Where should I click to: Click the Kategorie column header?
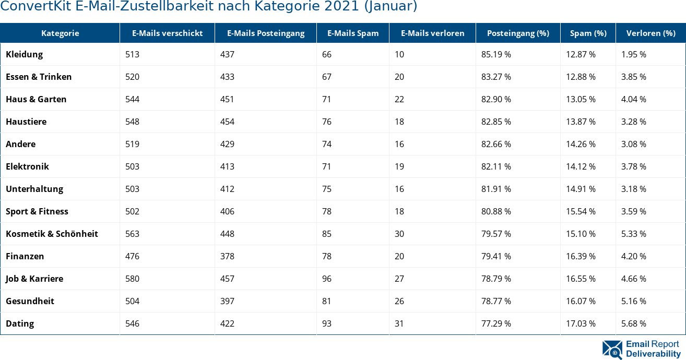coord(60,33)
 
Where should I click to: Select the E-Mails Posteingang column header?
coord(265,33)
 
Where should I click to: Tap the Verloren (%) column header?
coord(650,33)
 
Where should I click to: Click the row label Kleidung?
coord(25,54)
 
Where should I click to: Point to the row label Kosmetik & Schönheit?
coord(52,234)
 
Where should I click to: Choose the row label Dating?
coord(20,323)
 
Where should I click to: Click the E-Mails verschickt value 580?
coord(132,279)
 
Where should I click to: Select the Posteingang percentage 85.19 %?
coord(496,54)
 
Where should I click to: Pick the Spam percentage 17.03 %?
coord(581,323)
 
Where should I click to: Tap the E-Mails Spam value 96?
coord(327,279)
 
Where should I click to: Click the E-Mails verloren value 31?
coord(399,323)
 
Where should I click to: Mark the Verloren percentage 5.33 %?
coord(633,234)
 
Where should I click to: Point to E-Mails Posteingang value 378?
coord(227,256)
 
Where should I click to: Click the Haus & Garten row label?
coord(36,99)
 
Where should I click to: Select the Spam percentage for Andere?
coord(581,144)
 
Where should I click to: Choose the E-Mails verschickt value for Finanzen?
coord(132,256)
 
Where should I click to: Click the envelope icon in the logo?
coord(612,350)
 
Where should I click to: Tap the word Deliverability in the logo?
coord(653,354)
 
